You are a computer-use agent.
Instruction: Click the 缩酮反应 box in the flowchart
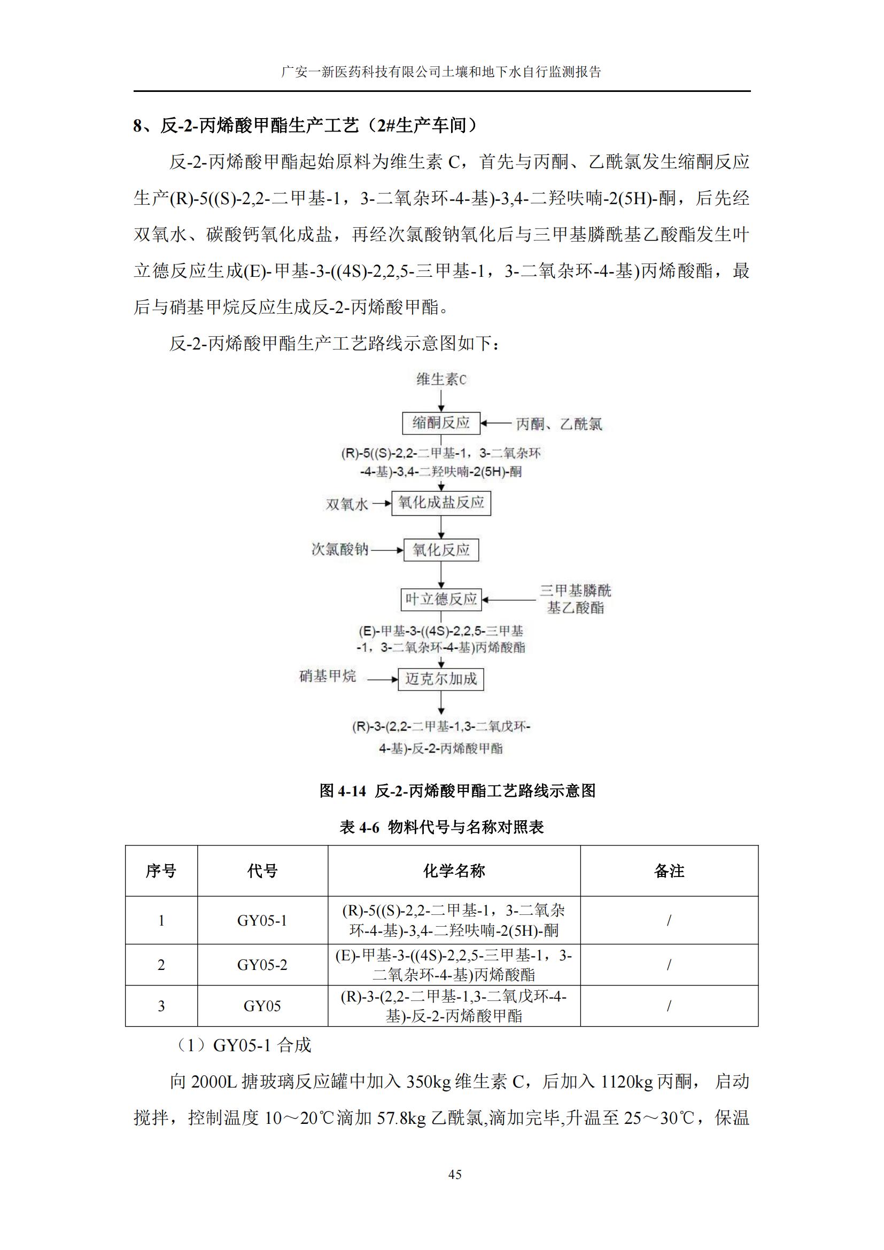tap(441, 423)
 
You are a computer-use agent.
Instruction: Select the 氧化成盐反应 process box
tap(441, 502)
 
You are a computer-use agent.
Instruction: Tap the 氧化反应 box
tap(441, 550)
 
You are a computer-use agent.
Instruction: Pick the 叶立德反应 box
tap(441, 600)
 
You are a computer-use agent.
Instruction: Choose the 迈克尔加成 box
tap(441, 679)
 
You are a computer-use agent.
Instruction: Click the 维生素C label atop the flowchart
tap(441, 379)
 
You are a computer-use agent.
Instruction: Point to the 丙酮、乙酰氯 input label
tap(559, 424)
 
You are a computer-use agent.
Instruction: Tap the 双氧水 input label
tap(347, 504)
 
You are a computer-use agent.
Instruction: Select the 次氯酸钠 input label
tap(340, 549)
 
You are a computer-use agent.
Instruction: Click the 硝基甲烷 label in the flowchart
tap(328, 676)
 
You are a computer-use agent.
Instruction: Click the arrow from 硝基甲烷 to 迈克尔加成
tap(382, 679)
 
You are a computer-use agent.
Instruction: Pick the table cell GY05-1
tap(262, 920)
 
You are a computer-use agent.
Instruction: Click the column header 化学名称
tap(454, 871)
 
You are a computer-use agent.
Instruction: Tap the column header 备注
tap(669, 871)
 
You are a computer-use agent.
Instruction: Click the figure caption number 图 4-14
tap(343, 790)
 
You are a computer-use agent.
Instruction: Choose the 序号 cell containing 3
tap(161, 1006)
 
